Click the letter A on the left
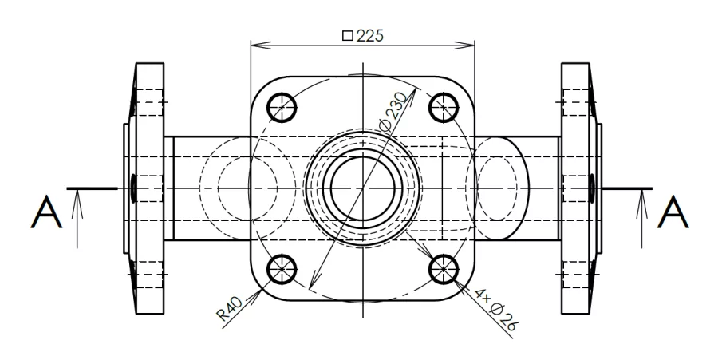(x=45, y=213)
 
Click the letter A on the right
(x=674, y=213)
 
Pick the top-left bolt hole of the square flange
(x=281, y=105)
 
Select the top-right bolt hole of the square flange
(x=443, y=105)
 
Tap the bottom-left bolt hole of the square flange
(x=281, y=270)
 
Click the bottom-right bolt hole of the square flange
(x=443, y=270)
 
